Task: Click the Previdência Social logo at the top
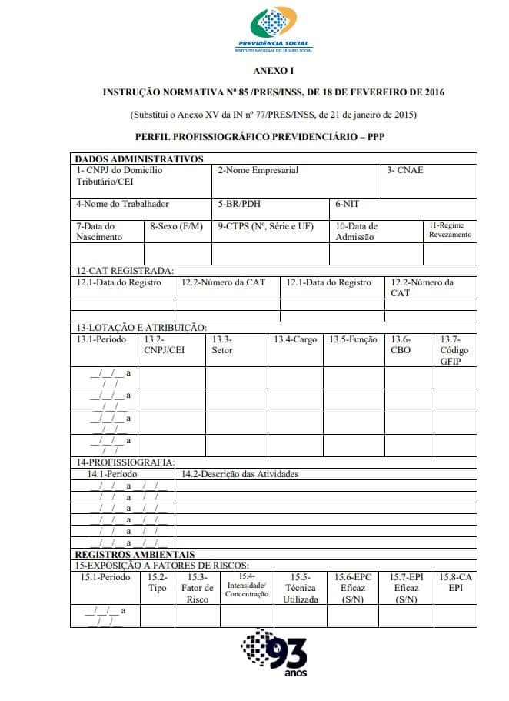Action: tap(274, 30)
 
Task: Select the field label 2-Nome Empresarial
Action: tap(258, 170)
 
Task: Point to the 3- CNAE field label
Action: tap(405, 170)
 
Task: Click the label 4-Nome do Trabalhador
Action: tap(122, 204)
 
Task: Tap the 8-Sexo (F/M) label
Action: tap(177, 226)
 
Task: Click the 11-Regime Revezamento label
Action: tap(450, 230)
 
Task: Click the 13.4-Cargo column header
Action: tap(295, 339)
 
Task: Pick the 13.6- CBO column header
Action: tap(401, 345)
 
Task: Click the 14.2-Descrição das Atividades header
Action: tap(240, 474)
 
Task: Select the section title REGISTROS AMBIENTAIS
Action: tap(135, 554)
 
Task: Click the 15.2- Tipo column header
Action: tap(157, 582)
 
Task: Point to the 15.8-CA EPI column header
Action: tap(454, 582)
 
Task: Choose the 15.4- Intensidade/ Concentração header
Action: tap(248, 585)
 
